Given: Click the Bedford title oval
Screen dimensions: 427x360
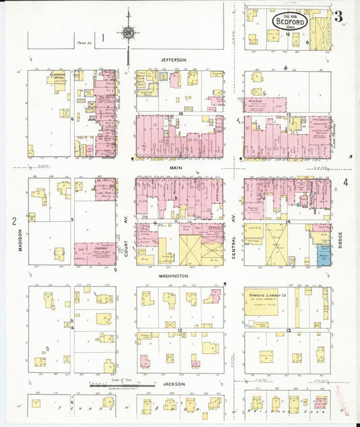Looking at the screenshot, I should [290, 22].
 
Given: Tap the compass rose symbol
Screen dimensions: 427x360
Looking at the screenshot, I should [127, 31].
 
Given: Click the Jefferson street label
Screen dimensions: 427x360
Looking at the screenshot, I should [173, 60].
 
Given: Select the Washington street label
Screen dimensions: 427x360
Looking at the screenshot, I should [174, 276].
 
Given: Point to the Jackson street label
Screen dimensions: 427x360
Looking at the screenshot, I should [174, 383].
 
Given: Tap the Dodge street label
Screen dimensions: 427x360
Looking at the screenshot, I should [340, 236].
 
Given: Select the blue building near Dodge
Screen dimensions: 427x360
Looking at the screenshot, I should [324, 255].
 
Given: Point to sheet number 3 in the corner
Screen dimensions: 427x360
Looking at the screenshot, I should [338, 15].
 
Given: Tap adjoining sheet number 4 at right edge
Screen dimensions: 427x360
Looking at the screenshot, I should [345, 181].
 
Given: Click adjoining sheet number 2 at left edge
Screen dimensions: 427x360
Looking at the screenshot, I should [14, 221].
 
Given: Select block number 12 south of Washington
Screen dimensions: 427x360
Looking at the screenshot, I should [180, 330].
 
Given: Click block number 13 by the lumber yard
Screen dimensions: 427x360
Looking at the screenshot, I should [288, 330].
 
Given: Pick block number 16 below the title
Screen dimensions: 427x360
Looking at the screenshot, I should [288, 33].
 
